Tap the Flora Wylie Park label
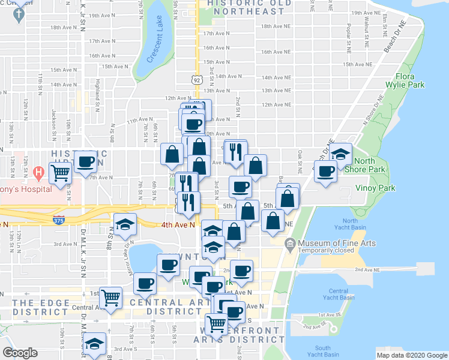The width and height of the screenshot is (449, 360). pyautogui.click(x=410, y=81)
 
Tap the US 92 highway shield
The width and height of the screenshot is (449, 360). pyautogui.click(x=197, y=79)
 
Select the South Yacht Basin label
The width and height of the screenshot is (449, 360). pyautogui.click(x=322, y=352)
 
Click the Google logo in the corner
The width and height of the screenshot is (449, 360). pyautogui.click(x=20, y=352)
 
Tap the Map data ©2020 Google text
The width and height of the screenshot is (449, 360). pyautogui.click(x=411, y=355)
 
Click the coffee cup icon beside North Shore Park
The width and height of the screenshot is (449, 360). pyautogui.click(x=326, y=172)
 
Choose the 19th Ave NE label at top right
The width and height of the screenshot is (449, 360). pyautogui.click(x=366, y=13)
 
